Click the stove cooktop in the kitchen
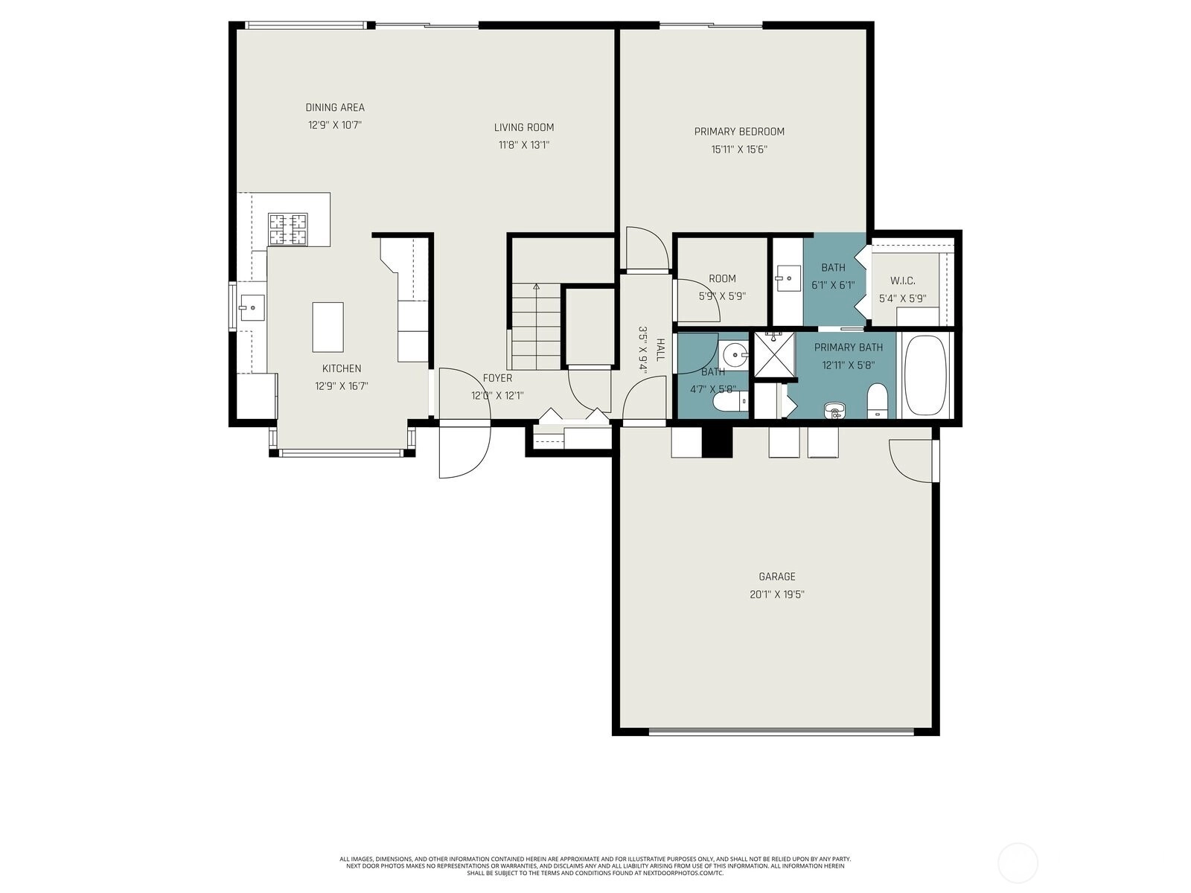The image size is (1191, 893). pyautogui.click(x=287, y=229)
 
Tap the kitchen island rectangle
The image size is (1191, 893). pyautogui.click(x=328, y=327)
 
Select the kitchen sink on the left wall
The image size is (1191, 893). pyautogui.click(x=252, y=308)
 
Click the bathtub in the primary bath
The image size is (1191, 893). pyautogui.click(x=926, y=375)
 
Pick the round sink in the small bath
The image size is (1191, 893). pyautogui.click(x=735, y=356)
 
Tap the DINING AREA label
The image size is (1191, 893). pyautogui.click(x=335, y=107)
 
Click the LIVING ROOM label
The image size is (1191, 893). pyautogui.click(x=523, y=127)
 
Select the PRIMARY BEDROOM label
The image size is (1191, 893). pyautogui.click(x=739, y=131)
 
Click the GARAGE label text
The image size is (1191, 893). pyautogui.click(x=777, y=576)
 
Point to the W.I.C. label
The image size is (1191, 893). pyautogui.click(x=902, y=281)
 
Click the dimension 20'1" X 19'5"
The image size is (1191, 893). pyautogui.click(x=777, y=595)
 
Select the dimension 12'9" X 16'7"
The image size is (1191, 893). pyautogui.click(x=341, y=386)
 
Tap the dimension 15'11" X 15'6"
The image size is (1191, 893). pyautogui.click(x=739, y=149)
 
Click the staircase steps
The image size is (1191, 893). pyautogui.click(x=536, y=327)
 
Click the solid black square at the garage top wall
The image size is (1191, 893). pyautogui.click(x=718, y=443)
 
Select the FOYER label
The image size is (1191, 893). pyautogui.click(x=497, y=378)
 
